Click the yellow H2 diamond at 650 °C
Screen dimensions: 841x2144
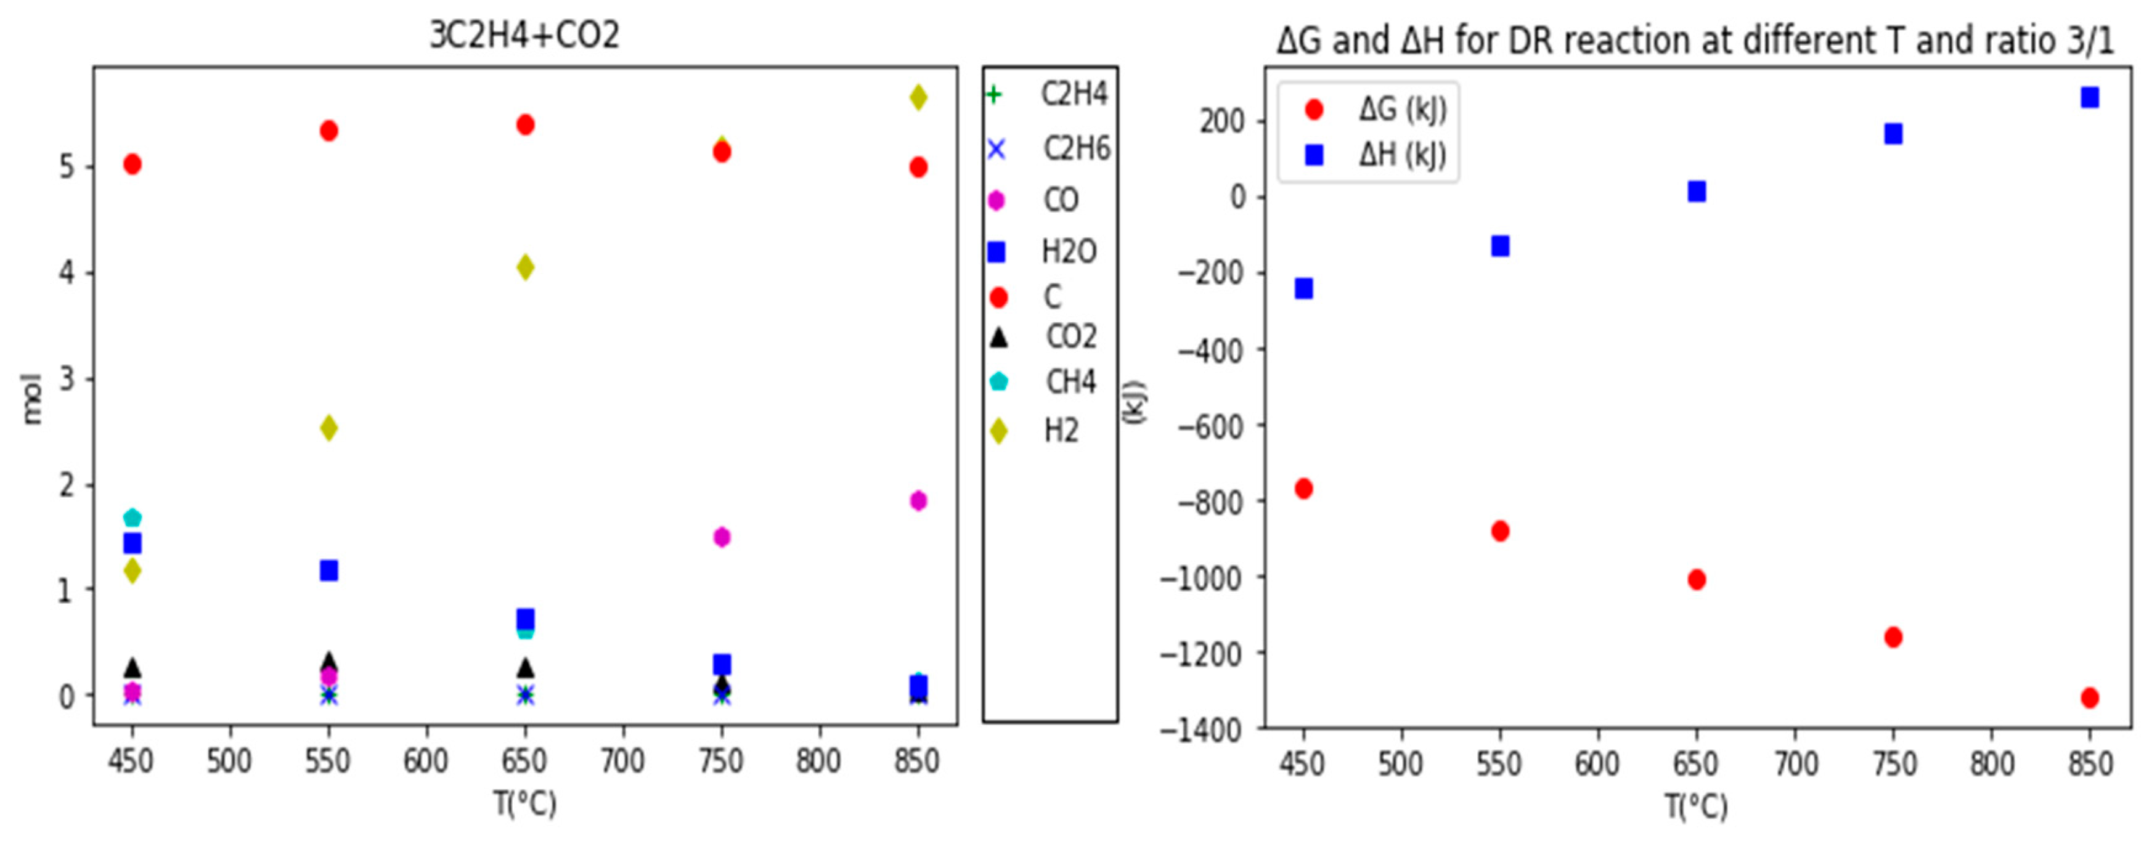pyautogui.click(x=525, y=267)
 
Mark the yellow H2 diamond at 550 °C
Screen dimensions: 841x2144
pyautogui.click(x=328, y=428)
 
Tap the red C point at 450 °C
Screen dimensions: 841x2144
pyautogui.click(x=132, y=164)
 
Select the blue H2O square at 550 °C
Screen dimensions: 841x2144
pyautogui.click(x=328, y=571)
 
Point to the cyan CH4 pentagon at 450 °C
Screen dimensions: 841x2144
pyautogui.click(x=132, y=518)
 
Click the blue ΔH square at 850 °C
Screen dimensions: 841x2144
pyautogui.click(x=2089, y=98)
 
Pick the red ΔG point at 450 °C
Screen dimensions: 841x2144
pyautogui.click(x=1303, y=489)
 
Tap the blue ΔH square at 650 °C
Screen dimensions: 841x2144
pyautogui.click(x=1696, y=192)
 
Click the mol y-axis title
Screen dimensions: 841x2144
pyautogui.click(x=31, y=399)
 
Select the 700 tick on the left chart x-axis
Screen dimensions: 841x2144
pyautogui.click(x=622, y=761)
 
